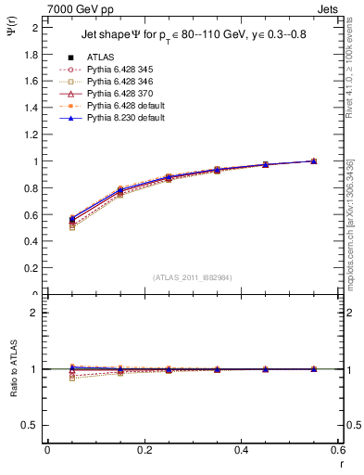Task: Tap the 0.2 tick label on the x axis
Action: tap(144, 450)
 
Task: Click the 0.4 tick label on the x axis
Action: tap(241, 450)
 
